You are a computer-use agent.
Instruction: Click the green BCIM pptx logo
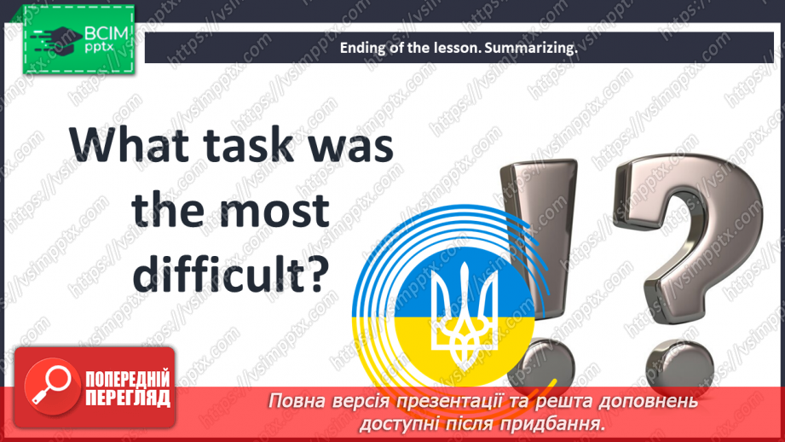[x=78, y=39]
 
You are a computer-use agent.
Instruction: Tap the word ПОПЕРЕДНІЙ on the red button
[x=128, y=379]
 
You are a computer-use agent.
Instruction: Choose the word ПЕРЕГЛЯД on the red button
[x=128, y=398]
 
